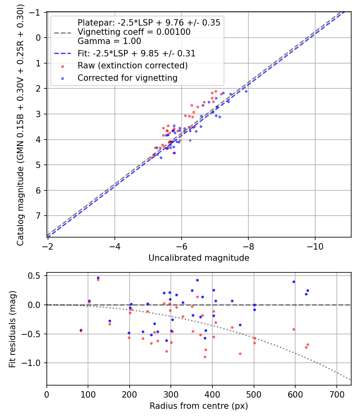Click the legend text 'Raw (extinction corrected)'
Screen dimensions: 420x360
pos(132,66)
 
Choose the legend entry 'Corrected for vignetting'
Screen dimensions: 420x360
pos(127,78)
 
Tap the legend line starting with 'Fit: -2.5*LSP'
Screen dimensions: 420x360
pos(136,53)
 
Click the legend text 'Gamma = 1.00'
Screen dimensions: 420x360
pos(109,41)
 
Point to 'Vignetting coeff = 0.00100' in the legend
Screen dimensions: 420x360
pos(134,32)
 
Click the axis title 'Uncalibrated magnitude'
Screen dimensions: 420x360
pos(199,258)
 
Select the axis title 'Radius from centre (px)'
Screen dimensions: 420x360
pos(199,406)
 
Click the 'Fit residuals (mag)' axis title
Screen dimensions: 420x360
pos(12,329)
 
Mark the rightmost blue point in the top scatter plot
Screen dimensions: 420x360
pos(246,91)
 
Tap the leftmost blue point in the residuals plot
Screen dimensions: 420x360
pos(81,330)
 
